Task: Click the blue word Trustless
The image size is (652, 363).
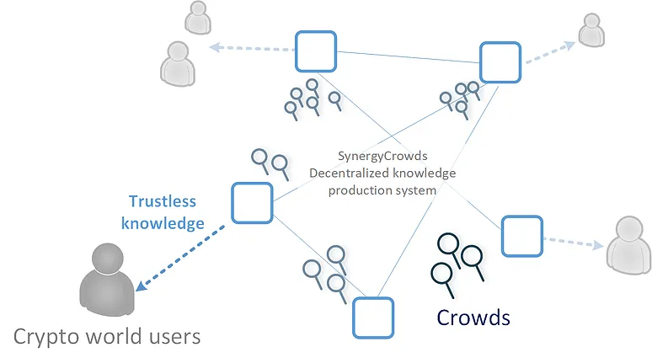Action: click(x=162, y=201)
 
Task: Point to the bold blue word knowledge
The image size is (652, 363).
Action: click(x=163, y=223)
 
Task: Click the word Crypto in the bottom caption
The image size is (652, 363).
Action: click(x=46, y=337)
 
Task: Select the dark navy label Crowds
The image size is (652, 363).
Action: click(x=473, y=317)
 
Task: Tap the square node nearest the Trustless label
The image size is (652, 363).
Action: click(x=252, y=203)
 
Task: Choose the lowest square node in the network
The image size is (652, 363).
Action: click(x=372, y=318)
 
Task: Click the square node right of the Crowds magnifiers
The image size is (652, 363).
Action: click(x=521, y=236)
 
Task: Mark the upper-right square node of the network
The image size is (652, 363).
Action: click(x=500, y=62)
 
